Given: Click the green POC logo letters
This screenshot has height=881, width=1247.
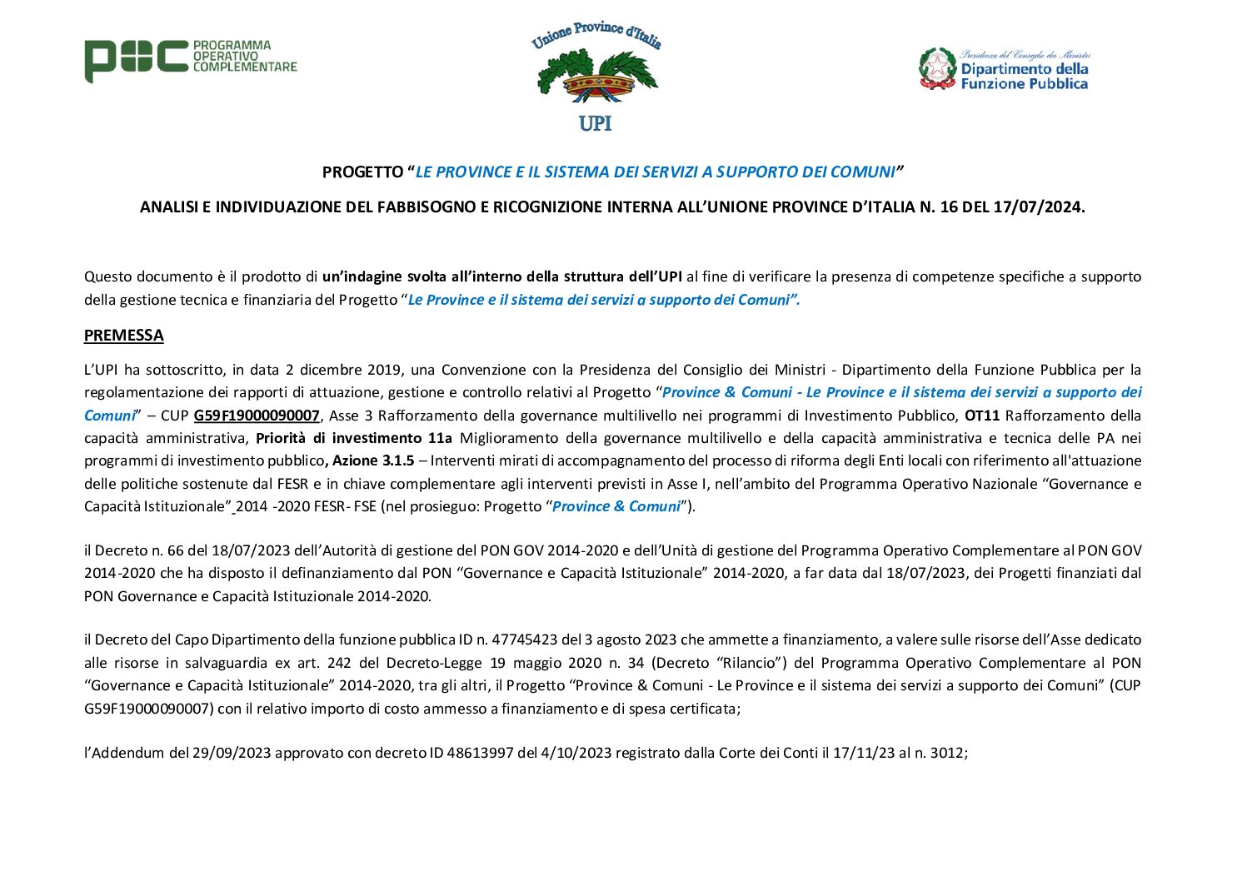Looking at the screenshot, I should click(136, 60).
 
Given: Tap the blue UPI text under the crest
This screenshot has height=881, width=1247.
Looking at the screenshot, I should click(595, 123).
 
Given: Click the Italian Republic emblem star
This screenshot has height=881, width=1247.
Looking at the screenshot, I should click(937, 67).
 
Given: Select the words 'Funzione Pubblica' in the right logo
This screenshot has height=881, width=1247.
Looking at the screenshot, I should click(1024, 83).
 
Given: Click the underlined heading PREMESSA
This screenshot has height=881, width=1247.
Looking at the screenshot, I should click(123, 335).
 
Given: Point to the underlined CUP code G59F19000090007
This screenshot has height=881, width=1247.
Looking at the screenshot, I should click(257, 415).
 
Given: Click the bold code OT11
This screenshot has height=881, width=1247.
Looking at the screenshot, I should click(982, 415).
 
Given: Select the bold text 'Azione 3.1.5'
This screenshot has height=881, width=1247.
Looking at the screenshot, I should click(373, 460).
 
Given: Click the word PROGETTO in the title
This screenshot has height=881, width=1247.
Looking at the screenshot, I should click(362, 172).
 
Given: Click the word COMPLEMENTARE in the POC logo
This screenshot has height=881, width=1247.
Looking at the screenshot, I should click(245, 67).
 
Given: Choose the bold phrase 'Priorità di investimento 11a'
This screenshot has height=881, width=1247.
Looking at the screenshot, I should click(353, 438).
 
